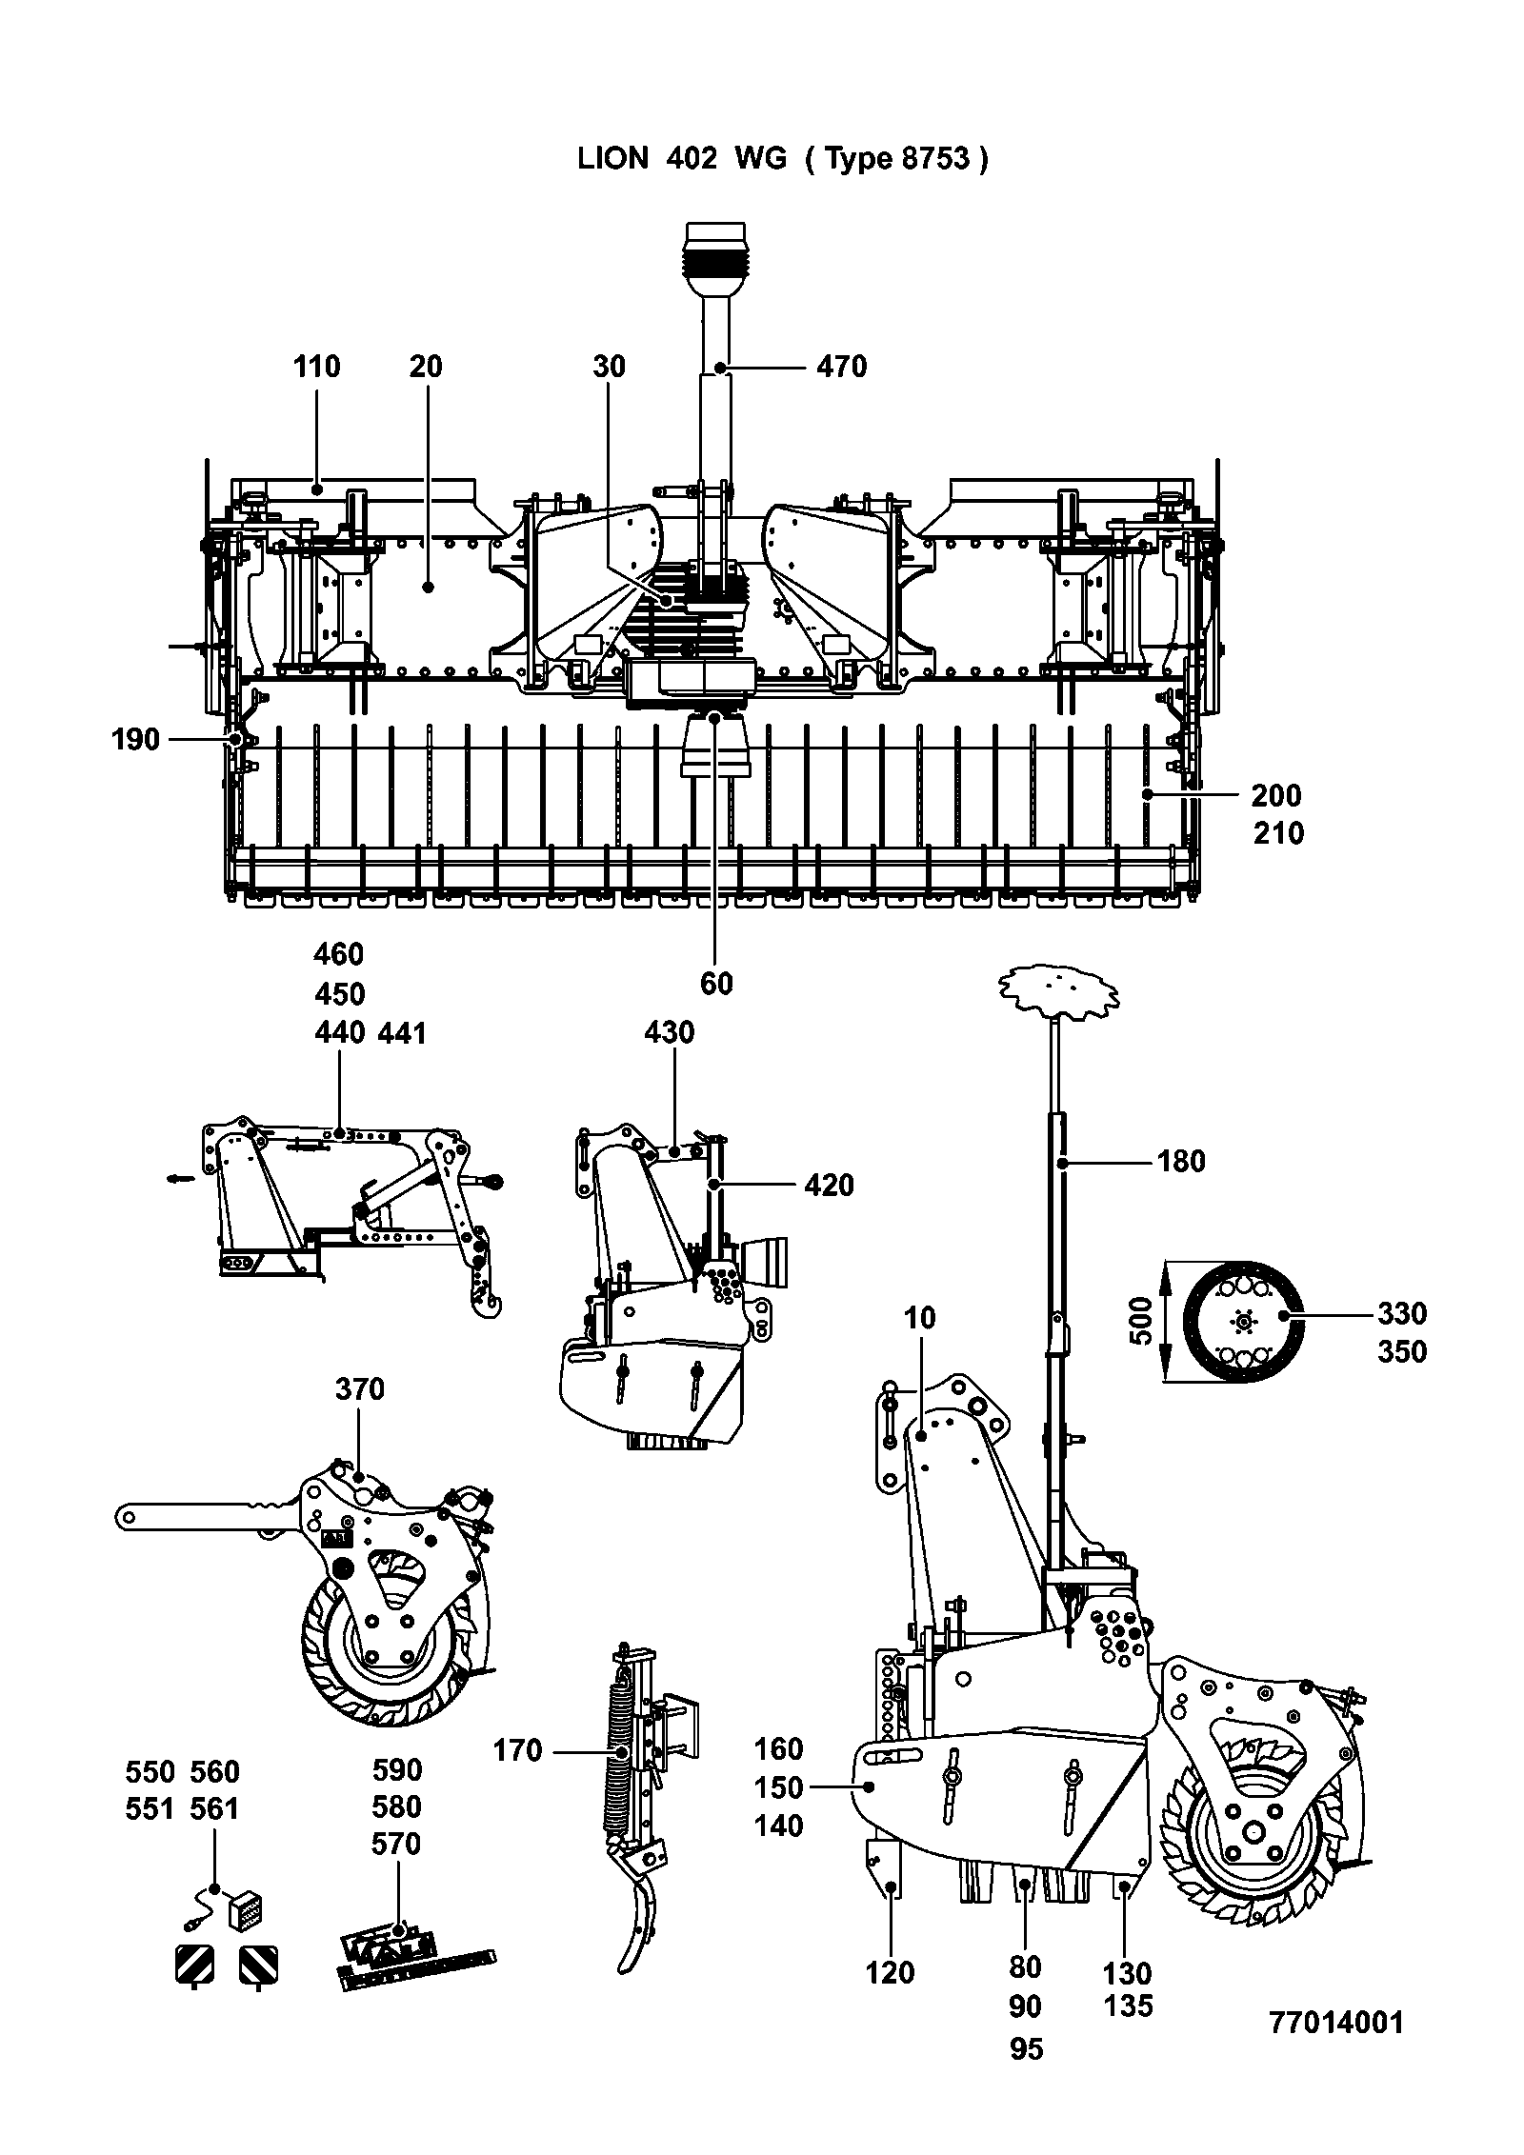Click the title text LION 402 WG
click(682, 158)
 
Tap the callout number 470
click(842, 367)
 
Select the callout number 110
click(316, 366)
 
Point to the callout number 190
click(135, 739)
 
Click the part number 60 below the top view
click(716, 982)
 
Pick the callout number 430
click(670, 1031)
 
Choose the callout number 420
click(829, 1185)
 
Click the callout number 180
click(1181, 1161)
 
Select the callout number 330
click(1402, 1313)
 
